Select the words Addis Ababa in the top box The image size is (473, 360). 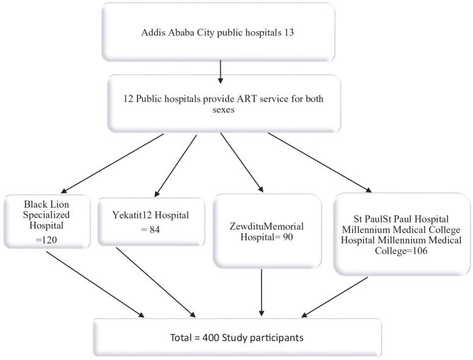point(166,33)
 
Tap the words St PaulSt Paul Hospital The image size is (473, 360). point(402,218)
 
